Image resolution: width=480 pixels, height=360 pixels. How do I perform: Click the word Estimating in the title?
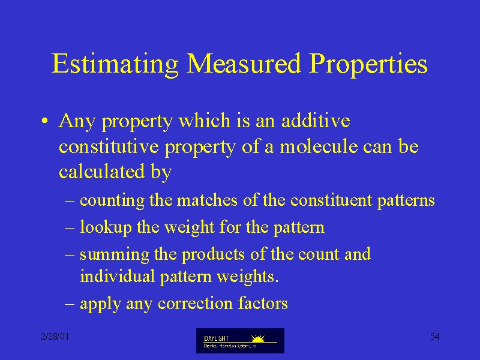(x=115, y=64)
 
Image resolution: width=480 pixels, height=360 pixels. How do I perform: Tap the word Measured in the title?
(x=244, y=64)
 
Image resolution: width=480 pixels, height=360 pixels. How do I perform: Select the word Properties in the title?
(x=368, y=65)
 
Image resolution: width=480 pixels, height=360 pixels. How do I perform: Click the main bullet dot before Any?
(x=44, y=121)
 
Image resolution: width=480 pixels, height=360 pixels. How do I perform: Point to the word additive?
(x=316, y=120)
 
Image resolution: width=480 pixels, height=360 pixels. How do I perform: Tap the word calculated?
(x=101, y=171)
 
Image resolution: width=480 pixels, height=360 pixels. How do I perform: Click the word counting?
(x=112, y=201)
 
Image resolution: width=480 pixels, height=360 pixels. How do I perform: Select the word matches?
(x=207, y=200)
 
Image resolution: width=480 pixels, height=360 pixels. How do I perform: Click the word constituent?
(x=331, y=200)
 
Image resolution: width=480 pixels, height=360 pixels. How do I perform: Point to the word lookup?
(x=106, y=228)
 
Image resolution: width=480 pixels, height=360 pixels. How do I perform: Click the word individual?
(x=117, y=276)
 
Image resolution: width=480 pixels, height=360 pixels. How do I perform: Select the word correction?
(x=195, y=304)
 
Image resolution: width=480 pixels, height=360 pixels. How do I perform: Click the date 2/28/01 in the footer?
(x=55, y=337)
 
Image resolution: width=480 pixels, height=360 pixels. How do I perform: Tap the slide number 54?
(x=434, y=337)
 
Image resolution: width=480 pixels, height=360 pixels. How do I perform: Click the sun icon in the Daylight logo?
(x=258, y=338)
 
